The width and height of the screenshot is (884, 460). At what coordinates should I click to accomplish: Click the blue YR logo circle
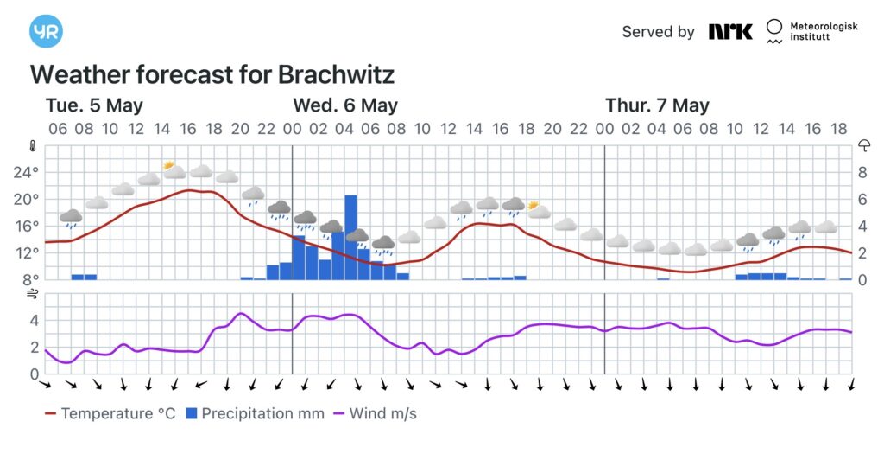coord(46,31)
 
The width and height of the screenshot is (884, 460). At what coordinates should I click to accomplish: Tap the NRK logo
coord(730,32)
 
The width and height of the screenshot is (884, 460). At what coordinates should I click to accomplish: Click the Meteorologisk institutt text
coord(823,32)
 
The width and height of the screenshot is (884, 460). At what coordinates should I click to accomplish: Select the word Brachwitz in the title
coord(336,74)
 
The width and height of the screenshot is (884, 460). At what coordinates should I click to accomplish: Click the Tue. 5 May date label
coord(94,105)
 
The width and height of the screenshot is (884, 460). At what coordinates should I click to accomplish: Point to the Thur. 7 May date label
coord(657,105)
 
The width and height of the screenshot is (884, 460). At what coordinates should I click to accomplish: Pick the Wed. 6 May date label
coord(345,105)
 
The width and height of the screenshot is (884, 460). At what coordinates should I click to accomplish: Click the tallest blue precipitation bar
coord(350,237)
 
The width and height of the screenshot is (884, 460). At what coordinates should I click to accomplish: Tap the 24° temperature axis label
coord(26,172)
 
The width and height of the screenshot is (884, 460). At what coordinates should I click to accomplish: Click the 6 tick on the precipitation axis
coord(862,199)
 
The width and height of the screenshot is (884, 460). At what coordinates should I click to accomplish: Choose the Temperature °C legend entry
coord(110,413)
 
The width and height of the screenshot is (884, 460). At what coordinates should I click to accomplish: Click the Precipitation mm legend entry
coord(256,413)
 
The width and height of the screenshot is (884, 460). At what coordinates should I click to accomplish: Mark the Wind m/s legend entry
coord(375,413)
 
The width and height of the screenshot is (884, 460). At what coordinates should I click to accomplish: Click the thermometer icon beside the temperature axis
coord(33,146)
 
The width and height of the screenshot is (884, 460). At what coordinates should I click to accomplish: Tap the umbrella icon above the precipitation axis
coord(863,146)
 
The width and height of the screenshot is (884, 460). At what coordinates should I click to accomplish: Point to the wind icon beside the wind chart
coord(33,294)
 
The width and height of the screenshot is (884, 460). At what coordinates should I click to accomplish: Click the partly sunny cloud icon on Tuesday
coord(174,169)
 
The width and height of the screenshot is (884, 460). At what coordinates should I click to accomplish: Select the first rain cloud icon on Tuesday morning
coord(71,219)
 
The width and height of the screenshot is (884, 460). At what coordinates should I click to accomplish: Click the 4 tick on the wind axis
coord(35,321)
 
